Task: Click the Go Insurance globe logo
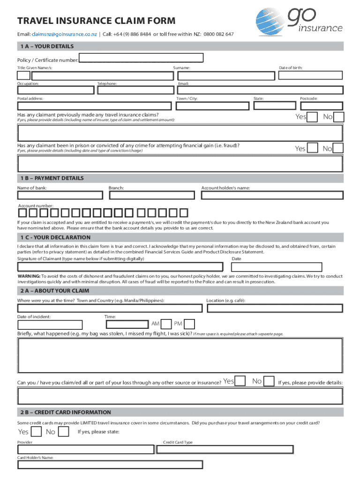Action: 271,23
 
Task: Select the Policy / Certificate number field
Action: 141,58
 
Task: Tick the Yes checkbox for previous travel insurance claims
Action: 313,117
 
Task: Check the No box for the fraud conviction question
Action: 338,148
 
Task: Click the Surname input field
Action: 223,76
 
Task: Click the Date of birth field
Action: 310,76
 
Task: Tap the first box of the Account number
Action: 23,213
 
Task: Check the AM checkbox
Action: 166,324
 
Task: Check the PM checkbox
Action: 189,324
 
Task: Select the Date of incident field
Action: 50,325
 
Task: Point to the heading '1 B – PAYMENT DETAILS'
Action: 52,178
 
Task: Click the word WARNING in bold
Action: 29,276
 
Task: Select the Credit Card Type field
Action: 248,450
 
